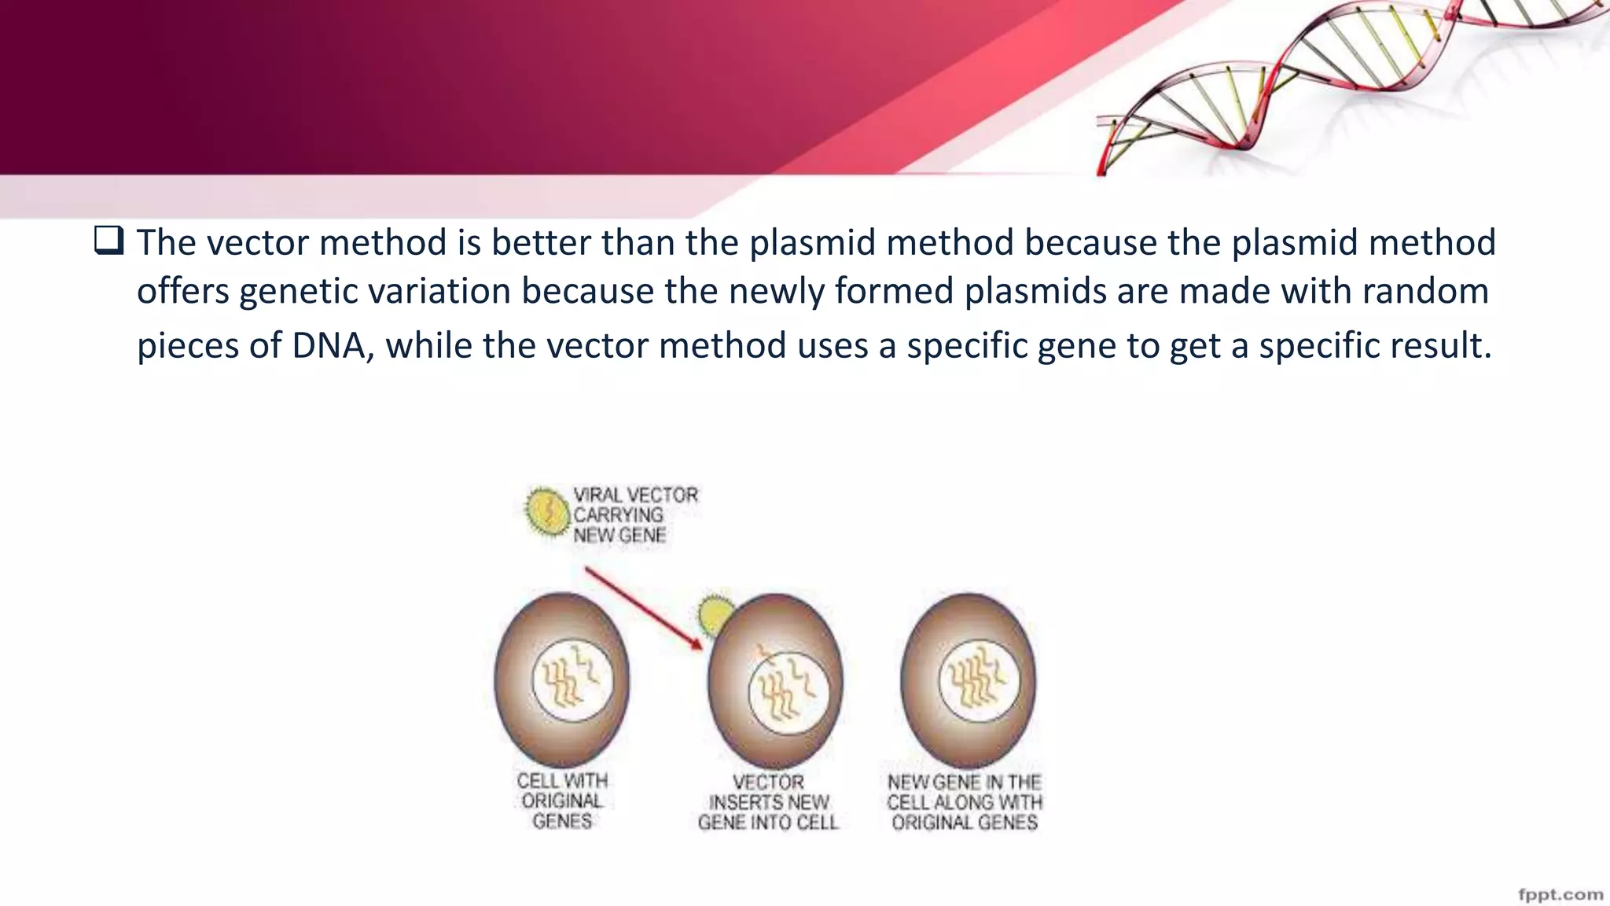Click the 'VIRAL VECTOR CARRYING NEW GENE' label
pyautogui.click(x=634, y=515)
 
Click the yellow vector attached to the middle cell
pyautogui.click(x=715, y=616)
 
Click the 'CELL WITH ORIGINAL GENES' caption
pyautogui.click(x=562, y=801)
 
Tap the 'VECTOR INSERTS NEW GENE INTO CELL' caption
pyautogui.click(x=768, y=802)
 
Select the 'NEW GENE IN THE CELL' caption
pyautogui.click(x=965, y=802)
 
